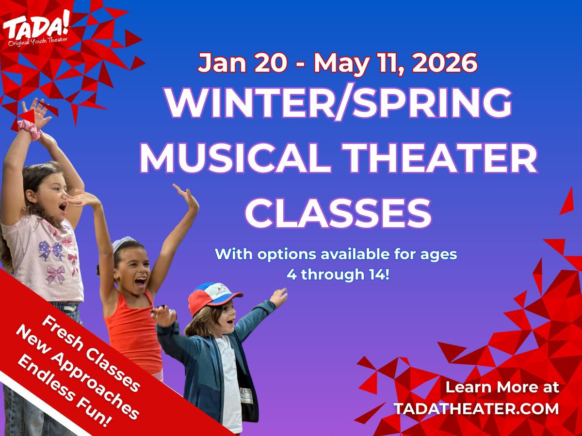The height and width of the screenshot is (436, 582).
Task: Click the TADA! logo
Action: click(36, 29)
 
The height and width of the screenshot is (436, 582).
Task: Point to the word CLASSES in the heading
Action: click(338, 213)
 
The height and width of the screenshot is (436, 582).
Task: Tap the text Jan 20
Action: click(231, 63)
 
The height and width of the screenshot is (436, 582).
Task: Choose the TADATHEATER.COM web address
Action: click(476, 408)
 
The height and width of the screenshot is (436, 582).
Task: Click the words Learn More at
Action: click(502, 387)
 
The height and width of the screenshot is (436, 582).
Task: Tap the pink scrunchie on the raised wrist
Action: click(29, 129)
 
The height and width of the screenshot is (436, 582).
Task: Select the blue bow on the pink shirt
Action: click(50, 250)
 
